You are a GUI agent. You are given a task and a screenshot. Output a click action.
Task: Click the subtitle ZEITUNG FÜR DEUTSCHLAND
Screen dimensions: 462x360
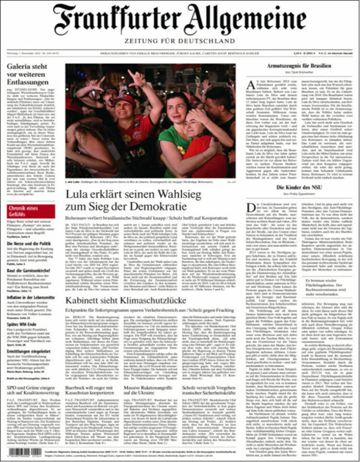pos(180,41)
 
